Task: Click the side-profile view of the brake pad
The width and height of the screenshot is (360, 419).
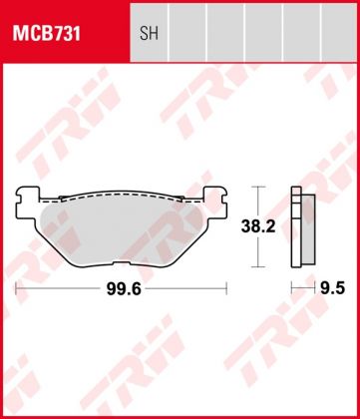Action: click(298, 226)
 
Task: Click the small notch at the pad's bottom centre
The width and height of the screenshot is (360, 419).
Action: click(123, 263)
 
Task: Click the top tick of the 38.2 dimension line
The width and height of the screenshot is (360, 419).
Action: click(258, 187)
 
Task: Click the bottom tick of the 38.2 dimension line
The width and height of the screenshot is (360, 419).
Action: click(258, 266)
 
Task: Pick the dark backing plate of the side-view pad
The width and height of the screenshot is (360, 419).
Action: click(294, 226)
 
